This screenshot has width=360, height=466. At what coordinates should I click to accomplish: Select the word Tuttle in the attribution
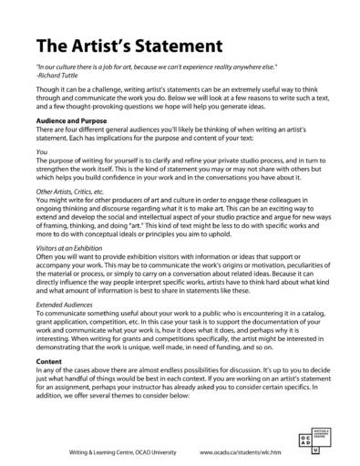(x=72, y=77)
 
